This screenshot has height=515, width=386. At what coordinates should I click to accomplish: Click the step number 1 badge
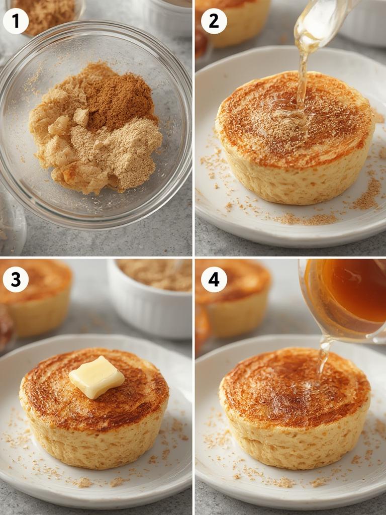coord(16,21)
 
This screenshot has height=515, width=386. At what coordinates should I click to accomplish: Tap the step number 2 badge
coord(214,21)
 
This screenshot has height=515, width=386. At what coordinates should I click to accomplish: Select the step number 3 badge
coord(16,280)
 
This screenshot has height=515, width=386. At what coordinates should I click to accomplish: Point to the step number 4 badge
coord(214,280)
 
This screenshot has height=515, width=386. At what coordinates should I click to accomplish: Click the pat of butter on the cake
coord(96,377)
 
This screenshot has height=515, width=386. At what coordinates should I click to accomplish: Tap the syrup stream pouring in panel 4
coord(322,357)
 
